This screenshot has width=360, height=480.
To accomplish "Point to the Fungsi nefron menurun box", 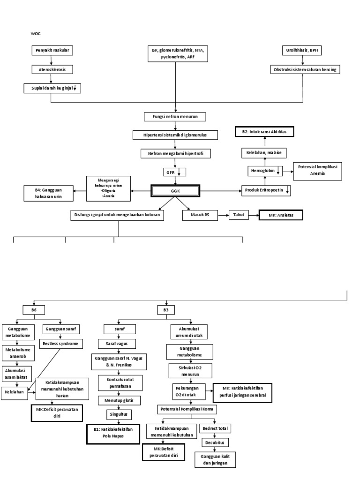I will coord(175,117).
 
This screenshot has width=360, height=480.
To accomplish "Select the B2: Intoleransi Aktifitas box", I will coord(264,133).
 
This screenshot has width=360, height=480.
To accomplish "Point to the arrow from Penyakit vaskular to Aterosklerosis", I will coord(51,60).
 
